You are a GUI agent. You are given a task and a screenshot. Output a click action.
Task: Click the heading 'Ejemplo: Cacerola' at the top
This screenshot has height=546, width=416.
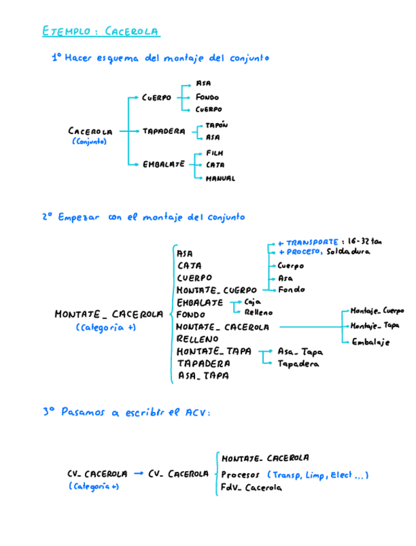[101, 32]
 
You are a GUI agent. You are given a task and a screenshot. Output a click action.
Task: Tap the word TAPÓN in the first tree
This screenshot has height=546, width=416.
[216, 125]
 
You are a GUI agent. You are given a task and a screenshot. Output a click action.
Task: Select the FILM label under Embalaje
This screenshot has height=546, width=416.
[214, 153]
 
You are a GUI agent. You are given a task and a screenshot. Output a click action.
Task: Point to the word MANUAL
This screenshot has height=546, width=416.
[220, 178]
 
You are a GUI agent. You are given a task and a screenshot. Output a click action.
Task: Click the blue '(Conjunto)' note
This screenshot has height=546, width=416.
[90, 142]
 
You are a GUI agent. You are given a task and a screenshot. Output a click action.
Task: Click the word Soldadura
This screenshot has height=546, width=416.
[348, 252]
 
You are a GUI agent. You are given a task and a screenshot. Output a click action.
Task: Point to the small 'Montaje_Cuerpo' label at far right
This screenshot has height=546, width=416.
[377, 310]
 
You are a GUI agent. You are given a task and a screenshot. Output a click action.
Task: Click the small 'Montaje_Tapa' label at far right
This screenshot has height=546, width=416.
[375, 326]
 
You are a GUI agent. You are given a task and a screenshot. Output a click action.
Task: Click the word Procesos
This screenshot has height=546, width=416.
[240, 475]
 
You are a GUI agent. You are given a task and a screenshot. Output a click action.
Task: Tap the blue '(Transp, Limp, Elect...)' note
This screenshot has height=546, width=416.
[317, 475]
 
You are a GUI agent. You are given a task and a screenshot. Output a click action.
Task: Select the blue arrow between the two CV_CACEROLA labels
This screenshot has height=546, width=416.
[138, 473]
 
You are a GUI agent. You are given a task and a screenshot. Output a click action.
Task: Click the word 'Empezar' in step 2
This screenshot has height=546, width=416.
[79, 218]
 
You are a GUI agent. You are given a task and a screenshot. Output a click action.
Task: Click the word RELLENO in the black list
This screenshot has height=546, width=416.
[197, 339]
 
